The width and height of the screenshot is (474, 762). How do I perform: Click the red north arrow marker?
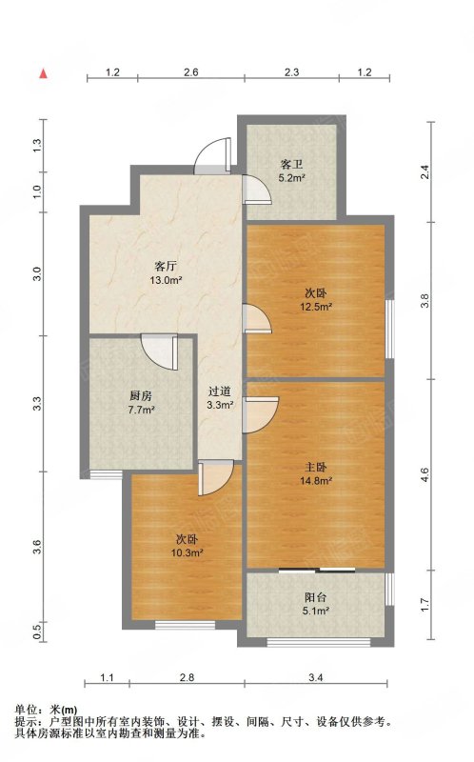point(43,73)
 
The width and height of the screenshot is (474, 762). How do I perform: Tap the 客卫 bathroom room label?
point(291,164)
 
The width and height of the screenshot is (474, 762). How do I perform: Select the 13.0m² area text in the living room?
point(166,280)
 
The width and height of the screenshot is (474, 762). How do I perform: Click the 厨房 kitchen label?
point(141,396)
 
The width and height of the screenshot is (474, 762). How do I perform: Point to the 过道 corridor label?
point(220,391)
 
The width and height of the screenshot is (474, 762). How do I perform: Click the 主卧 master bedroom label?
point(316,468)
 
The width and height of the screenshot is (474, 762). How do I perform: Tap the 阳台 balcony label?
point(316,597)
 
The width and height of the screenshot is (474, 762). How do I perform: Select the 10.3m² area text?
point(187,552)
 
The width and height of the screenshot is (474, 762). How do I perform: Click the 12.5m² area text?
point(316,307)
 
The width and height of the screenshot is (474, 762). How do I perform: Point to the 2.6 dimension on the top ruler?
point(191,72)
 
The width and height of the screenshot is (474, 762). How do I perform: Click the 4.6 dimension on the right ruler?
point(425,474)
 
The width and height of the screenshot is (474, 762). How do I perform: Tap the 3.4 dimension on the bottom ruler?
point(316,677)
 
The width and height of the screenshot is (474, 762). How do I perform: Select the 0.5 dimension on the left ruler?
point(38,632)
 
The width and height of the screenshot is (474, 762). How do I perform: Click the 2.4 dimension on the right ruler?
point(425,172)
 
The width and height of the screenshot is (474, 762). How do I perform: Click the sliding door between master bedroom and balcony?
point(317,570)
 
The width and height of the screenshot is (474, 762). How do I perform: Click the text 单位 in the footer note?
point(26,710)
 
